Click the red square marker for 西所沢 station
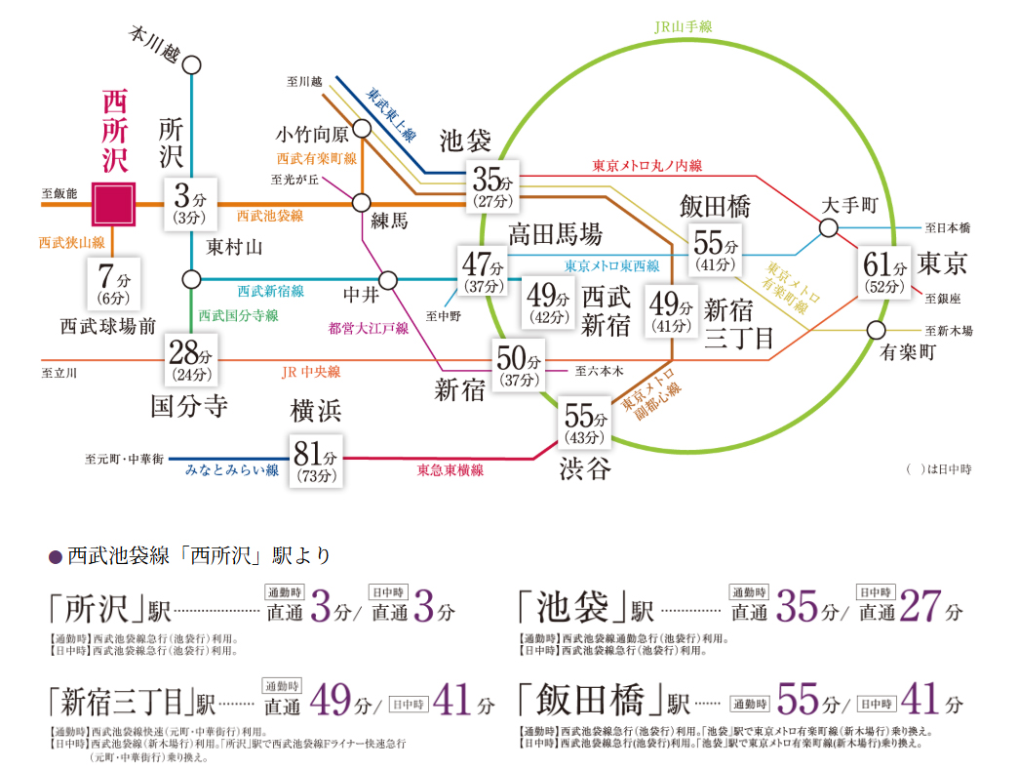[x=113, y=204]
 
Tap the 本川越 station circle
[x=191, y=64]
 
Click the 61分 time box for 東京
[x=884, y=274]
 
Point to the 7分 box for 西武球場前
[x=113, y=283]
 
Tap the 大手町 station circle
[x=828, y=228]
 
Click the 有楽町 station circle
[x=877, y=329]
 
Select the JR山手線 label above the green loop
[x=683, y=26]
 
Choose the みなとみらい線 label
[x=232, y=470]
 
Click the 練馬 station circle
[x=362, y=203]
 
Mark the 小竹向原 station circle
[x=363, y=128]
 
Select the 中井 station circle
[x=388, y=280]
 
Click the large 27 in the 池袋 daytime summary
[x=920, y=610]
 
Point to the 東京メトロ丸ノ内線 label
[x=647, y=166]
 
